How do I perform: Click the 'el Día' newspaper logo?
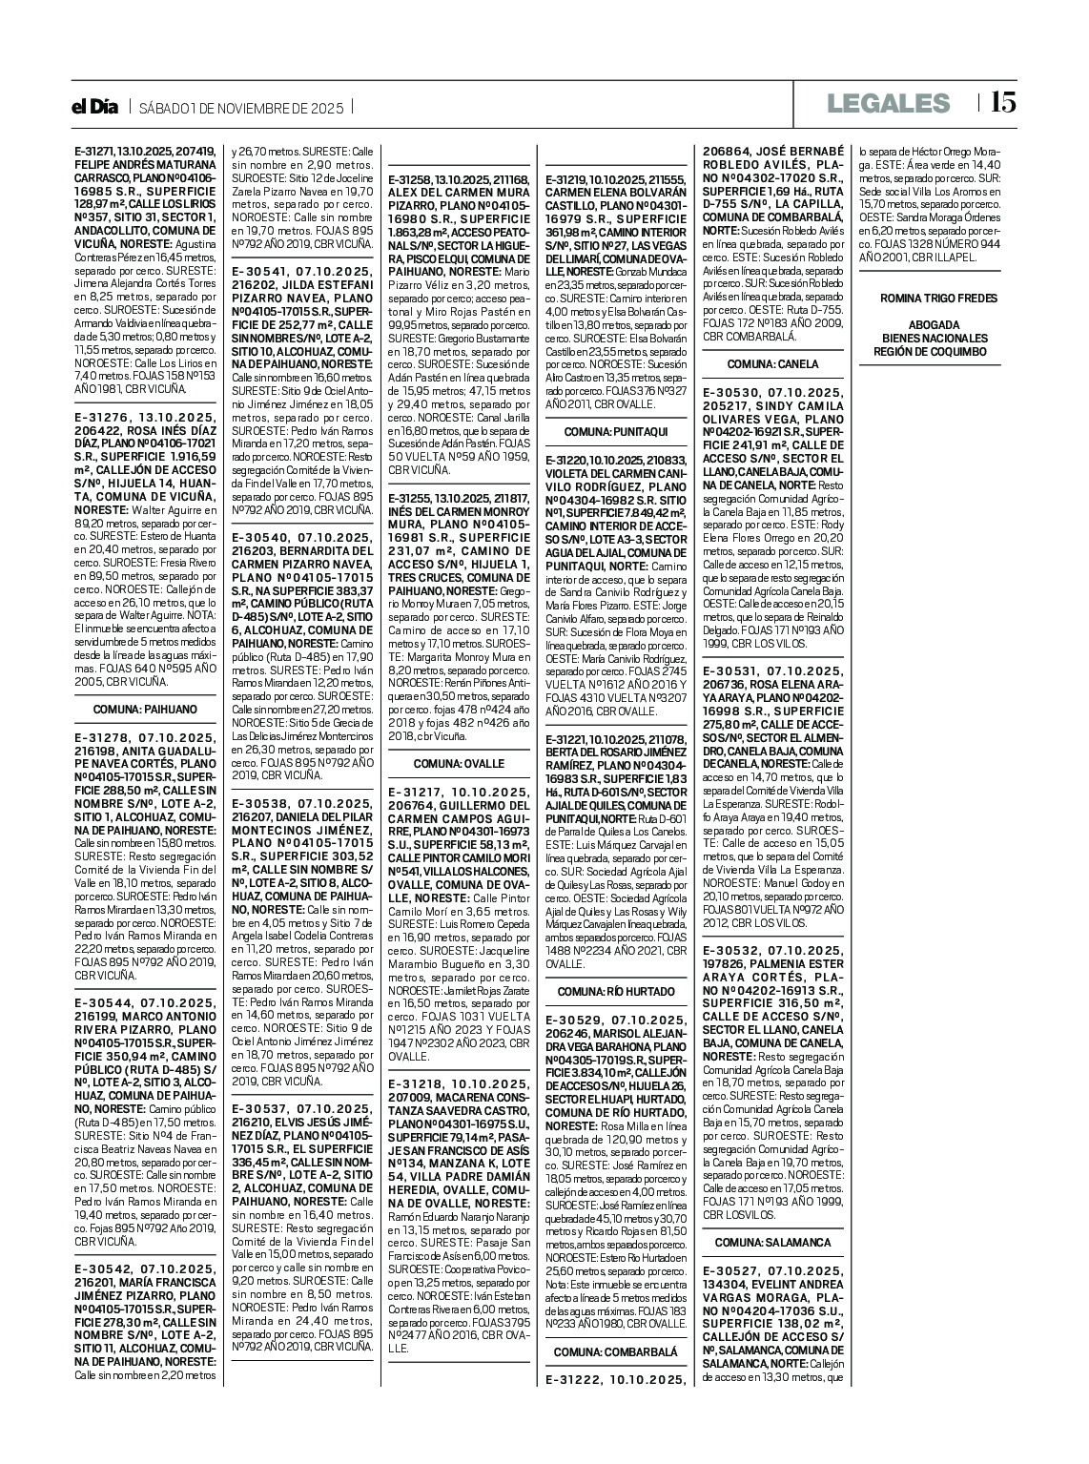point(95,107)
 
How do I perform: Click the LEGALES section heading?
point(889,103)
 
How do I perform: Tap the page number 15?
point(1003,102)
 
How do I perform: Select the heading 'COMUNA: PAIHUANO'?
point(145,710)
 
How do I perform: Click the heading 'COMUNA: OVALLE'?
point(459,764)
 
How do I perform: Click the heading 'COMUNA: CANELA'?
point(772,364)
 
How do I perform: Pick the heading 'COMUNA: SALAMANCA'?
point(772,1243)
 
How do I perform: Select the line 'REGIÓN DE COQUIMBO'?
point(930,352)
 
